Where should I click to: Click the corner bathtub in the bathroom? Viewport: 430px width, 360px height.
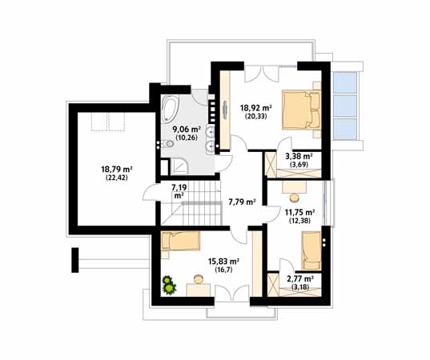[170, 109]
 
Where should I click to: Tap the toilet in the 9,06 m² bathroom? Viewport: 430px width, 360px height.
[167, 143]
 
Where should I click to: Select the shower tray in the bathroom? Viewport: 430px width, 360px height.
[179, 166]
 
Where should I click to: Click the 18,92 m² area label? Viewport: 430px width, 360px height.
[256, 108]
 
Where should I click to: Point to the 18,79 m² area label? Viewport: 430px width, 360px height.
[117, 170]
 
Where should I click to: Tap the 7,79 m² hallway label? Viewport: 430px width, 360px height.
[242, 202]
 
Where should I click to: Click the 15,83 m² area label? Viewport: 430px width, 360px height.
[223, 261]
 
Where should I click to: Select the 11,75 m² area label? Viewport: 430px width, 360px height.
[299, 212]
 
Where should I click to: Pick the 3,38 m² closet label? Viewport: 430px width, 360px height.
[299, 157]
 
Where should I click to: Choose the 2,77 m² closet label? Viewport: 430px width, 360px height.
[300, 279]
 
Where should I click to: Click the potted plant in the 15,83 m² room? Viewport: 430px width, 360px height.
[169, 286]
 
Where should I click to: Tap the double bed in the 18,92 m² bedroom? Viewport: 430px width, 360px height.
[301, 110]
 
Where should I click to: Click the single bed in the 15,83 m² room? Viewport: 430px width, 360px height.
[180, 240]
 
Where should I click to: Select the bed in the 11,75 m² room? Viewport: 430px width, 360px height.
[311, 250]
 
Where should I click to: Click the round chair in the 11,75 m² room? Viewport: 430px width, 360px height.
[295, 198]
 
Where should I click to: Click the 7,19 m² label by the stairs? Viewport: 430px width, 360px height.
[179, 191]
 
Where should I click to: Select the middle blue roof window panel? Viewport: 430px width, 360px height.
[344, 106]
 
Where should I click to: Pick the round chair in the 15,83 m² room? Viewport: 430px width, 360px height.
[199, 279]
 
